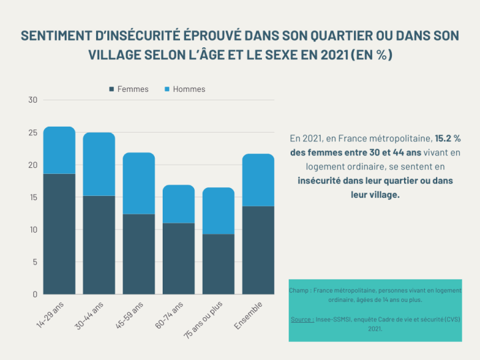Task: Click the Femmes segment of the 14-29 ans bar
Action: (x=59, y=233)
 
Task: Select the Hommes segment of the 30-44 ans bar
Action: (x=99, y=164)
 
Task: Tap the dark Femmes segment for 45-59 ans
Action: (x=139, y=253)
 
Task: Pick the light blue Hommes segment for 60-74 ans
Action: (x=179, y=204)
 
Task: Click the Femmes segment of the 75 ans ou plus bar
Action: (x=218, y=263)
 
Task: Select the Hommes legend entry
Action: (x=189, y=89)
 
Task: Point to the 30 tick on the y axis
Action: (x=33, y=100)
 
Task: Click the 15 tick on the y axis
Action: (x=33, y=197)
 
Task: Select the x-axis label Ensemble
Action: (x=249, y=315)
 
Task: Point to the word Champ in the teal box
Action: (x=299, y=291)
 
